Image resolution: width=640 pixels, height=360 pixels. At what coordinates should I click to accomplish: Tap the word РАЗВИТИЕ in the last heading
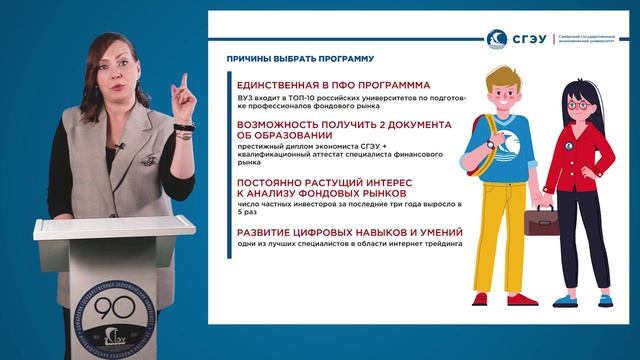tap(259, 232)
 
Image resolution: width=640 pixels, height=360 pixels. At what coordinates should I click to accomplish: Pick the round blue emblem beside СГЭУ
tap(497, 39)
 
